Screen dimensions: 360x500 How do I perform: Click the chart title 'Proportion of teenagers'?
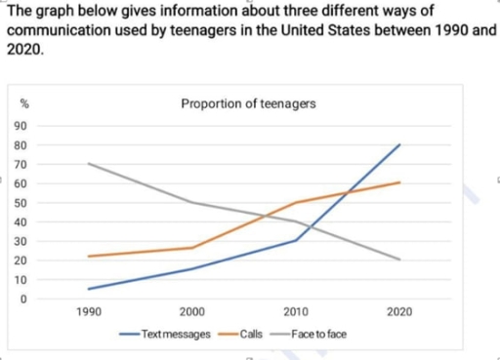pyautogui.click(x=248, y=104)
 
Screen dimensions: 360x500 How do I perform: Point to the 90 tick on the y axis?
pyautogui.click(x=21, y=126)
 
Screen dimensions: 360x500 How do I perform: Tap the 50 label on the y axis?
pyautogui.click(x=21, y=203)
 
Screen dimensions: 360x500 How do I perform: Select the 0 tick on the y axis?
pyautogui.click(x=21, y=299)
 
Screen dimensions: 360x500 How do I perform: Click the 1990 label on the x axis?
pyautogui.click(x=88, y=312)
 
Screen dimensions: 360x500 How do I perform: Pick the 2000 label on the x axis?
pyautogui.click(x=191, y=312)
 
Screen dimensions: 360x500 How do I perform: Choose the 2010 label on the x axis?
pyautogui.click(x=295, y=312)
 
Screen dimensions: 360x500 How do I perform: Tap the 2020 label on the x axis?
pyautogui.click(x=398, y=312)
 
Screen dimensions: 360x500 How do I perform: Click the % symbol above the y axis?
pyautogui.click(x=21, y=104)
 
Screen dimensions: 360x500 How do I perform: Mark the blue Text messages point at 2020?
pyautogui.click(x=398, y=144)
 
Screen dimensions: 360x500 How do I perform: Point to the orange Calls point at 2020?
pyautogui.click(x=398, y=182)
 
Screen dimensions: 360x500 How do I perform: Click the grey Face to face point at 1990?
pyautogui.click(x=88, y=164)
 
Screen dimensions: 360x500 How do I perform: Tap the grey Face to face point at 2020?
pyautogui.click(x=398, y=260)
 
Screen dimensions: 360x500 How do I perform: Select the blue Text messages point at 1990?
pyautogui.click(x=88, y=289)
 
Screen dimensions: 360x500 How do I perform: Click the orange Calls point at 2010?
pyautogui.click(x=295, y=203)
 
